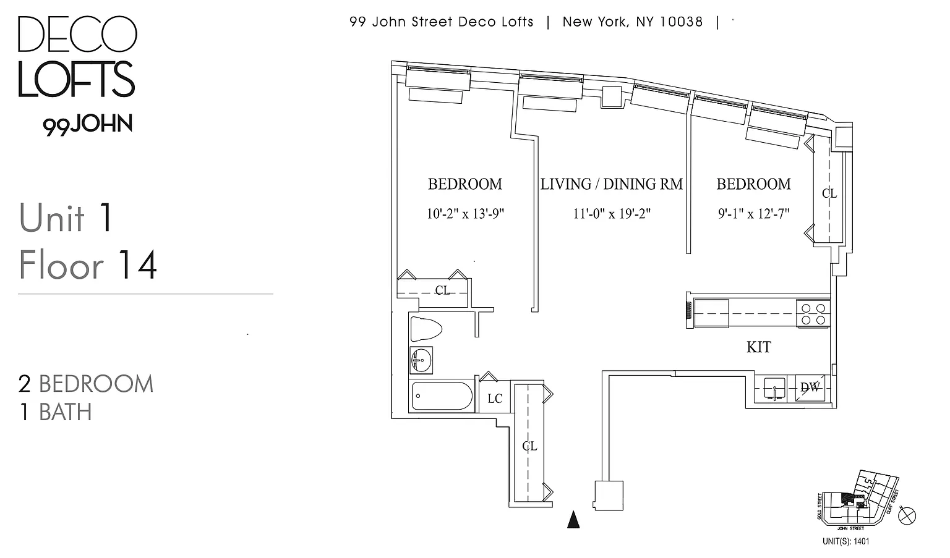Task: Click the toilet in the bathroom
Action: coord(426,328)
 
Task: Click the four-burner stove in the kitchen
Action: coord(813,313)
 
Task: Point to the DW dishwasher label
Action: coord(810,387)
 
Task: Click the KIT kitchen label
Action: coord(759,347)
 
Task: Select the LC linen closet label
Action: coord(495,399)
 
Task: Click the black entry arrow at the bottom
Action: coord(573,520)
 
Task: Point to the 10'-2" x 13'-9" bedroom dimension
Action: coord(465,214)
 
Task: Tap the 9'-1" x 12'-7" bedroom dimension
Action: coord(753,214)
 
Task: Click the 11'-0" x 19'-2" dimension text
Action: coord(612,214)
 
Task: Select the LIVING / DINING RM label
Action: coord(612,184)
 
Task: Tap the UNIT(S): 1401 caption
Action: coord(845,541)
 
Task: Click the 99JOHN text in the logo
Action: coord(88,124)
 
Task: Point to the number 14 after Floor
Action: coord(137,265)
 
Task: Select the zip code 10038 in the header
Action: coord(680,22)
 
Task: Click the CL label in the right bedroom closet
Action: coord(829,193)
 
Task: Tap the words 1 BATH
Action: coord(56,412)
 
